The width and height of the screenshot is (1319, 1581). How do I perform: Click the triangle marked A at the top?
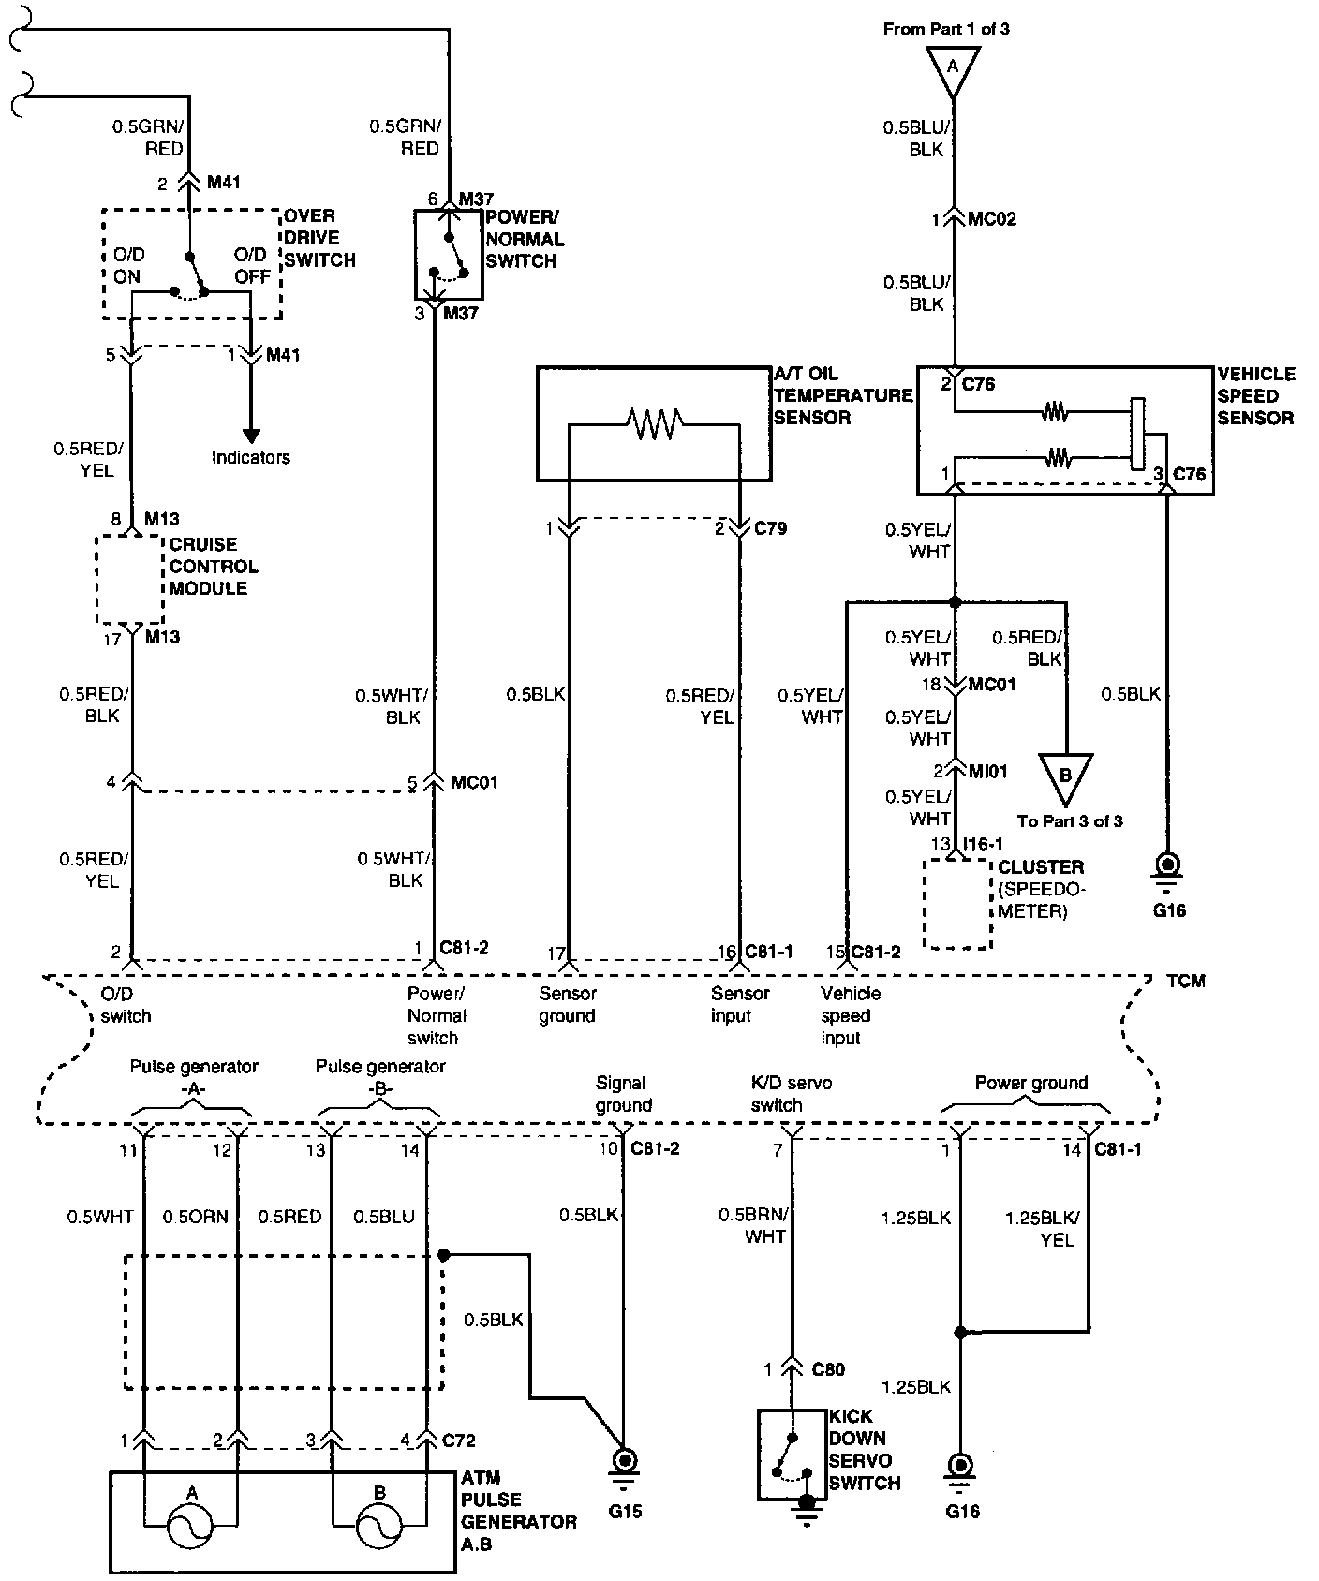coord(954,69)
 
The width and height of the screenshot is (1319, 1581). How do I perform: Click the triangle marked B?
coord(1065,776)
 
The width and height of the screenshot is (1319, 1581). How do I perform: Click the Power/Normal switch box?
coord(450,254)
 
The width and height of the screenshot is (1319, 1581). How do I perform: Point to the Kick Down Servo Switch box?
coord(793,1455)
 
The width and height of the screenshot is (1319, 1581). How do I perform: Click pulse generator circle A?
coord(191,1528)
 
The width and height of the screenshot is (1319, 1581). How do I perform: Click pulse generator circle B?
coord(379,1528)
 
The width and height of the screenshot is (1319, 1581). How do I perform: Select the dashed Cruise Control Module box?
coord(130,579)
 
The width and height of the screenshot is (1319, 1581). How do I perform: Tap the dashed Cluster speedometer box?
coord(957,904)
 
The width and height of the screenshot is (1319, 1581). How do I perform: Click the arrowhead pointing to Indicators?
coord(251,435)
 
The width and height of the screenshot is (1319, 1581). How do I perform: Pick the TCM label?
coord(1186,981)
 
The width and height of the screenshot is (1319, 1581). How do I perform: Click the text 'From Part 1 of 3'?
coord(946,29)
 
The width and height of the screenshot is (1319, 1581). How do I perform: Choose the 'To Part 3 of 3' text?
coord(1070,821)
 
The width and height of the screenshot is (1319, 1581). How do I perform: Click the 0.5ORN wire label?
coord(196,1217)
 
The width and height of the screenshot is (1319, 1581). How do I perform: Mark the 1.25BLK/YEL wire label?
coord(1042,1229)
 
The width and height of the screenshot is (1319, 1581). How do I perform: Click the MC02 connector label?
coord(992,219)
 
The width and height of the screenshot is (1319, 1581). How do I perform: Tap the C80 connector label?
coord(828,1369)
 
